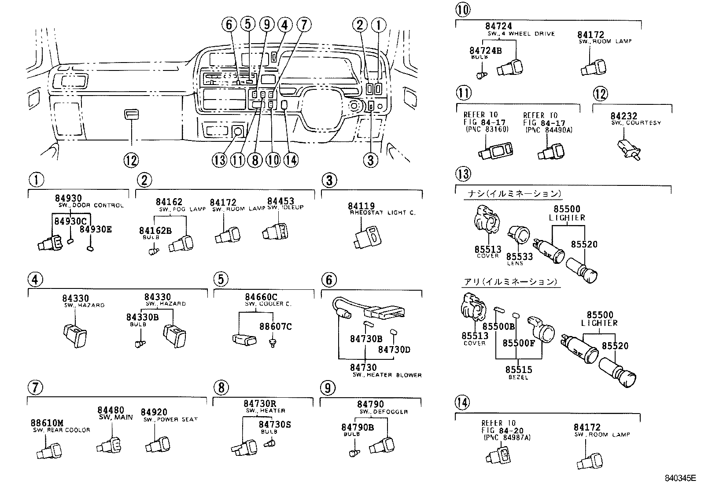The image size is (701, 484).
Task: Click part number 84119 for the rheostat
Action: click(361, 206)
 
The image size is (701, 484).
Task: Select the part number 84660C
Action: click(261, 297)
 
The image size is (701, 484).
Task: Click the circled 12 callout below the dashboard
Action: click(131, 160)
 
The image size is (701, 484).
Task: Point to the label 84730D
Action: click(394, 349)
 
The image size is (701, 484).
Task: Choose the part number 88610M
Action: click(47, 423)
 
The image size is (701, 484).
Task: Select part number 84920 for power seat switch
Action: click(154, 412)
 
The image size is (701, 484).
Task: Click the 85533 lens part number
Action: click(519, 256)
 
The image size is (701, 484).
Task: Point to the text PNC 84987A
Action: click(507, 437)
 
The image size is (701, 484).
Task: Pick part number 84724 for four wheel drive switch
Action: click(499, 26)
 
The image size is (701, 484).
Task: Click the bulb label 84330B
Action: click(142, 317)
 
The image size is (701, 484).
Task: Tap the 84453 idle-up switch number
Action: click(280, 201)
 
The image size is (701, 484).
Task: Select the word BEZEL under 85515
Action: click(518, 377)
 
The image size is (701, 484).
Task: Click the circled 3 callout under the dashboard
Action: click(370, 160)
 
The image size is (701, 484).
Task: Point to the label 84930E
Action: click(96, 229)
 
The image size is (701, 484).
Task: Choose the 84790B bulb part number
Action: click(358, 427)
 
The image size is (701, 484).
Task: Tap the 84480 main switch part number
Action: click(111, 410)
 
